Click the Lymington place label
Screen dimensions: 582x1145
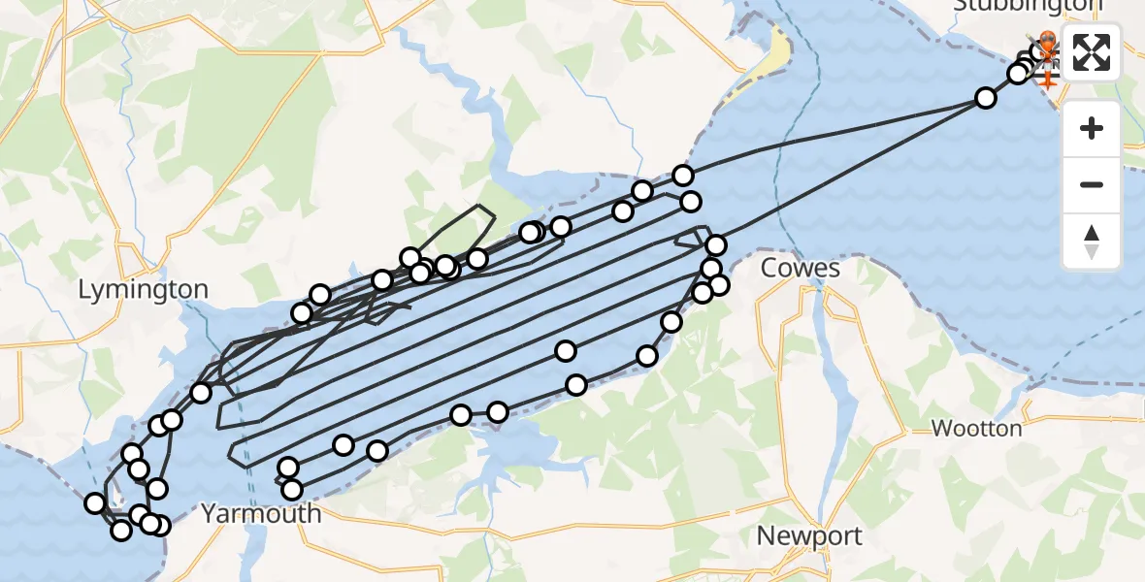[x=143, y=289]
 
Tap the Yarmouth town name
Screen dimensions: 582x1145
[x=261, y=513]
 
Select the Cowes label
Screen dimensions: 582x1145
[x=801, y=268]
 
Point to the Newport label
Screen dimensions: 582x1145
[x=809, y=535]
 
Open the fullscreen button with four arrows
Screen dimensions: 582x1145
[x=1092, y=53]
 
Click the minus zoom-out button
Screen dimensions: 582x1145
[x=1092, y=184]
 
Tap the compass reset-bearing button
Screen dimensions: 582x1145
[x=1092, y=240]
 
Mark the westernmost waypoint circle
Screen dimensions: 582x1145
[x=95, y=502]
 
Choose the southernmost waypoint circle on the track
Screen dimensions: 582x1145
[x=121, y=531]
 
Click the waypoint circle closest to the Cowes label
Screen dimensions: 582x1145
[x=719, y=284]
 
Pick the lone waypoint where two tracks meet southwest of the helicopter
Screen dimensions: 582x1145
[x=986, y=97]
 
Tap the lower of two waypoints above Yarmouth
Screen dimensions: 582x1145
[x=291, y=489]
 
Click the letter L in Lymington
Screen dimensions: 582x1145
[x=84, y=289]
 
